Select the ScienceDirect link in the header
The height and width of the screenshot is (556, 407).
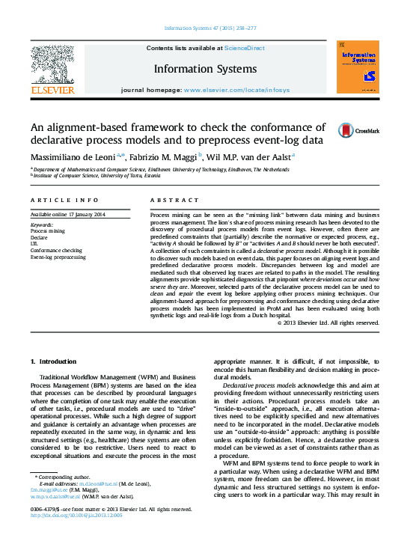coord(245,48)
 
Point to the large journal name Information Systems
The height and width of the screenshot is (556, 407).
coord(205,69)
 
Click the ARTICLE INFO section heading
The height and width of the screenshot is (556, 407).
coord(64,201)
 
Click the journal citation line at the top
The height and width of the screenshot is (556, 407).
coord(203,31)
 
